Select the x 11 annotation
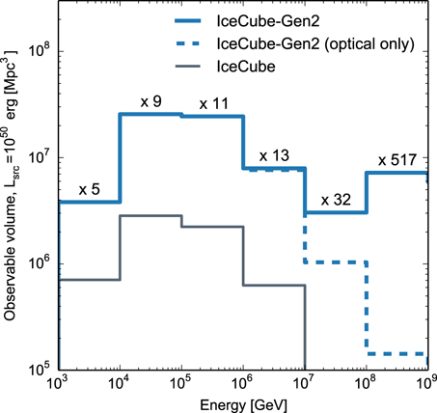tap(213, 102)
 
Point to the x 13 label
tap(274, 155)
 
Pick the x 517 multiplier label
tap(396, 159)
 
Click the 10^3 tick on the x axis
tap(59, 383)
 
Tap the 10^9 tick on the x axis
tap(425, 383)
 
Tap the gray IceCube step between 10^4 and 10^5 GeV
tap(150, 216)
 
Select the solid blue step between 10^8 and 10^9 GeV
tap(396, 173)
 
